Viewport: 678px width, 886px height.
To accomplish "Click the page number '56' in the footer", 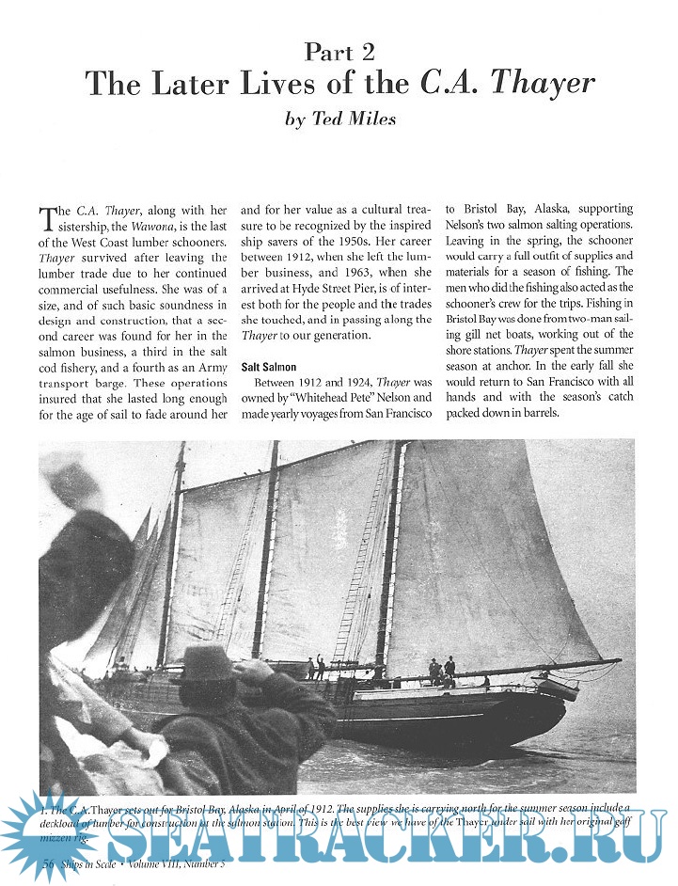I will (50, 862).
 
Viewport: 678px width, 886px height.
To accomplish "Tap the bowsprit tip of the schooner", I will (616, 661).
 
